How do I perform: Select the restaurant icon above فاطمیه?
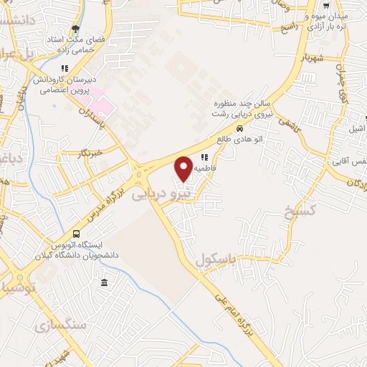point(204,157)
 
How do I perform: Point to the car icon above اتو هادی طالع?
point(239,130)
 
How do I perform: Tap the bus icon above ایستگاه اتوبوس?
point(77,234)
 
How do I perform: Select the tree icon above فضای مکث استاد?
point(75,29)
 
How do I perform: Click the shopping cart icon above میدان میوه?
point(326,5)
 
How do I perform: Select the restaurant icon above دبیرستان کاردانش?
point(65,69)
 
